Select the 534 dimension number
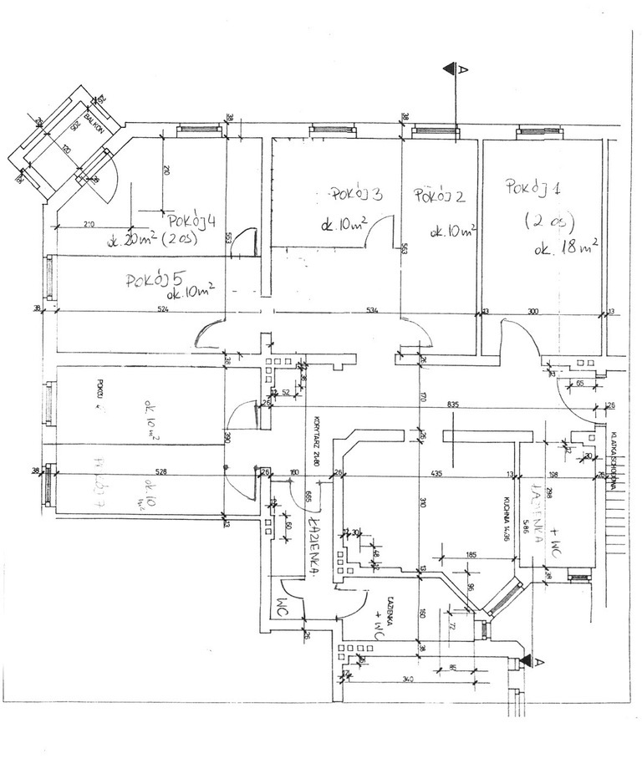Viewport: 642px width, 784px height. [372, 309]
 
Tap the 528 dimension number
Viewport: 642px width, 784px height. [161, 472]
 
